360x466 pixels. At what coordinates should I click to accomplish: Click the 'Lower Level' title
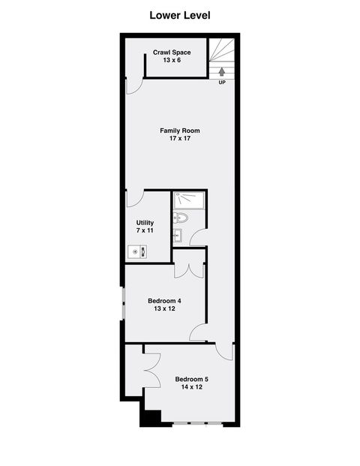click(179, 14)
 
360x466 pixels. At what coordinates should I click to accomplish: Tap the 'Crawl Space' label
click(172, 52)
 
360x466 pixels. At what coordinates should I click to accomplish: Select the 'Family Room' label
click(180, 131)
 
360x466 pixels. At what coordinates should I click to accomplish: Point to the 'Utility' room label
click(145, 223)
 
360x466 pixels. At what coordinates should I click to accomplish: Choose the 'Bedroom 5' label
click(191, 379)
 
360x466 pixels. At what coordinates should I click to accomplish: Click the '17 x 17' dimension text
click(180, 139)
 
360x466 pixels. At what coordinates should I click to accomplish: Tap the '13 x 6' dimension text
click(172, 60)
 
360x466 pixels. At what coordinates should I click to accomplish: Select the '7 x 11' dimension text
click(145, 231)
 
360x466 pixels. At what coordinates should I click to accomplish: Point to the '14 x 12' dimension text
click(191, 387)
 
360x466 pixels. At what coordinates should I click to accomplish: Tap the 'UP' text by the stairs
click(222, 83)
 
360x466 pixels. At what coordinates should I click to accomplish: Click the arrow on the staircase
click(222, 72)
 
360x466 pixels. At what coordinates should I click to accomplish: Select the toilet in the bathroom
click(180, 218)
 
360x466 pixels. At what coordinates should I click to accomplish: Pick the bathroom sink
click(177, 236)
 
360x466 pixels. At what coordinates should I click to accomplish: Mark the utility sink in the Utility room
click(136, 252)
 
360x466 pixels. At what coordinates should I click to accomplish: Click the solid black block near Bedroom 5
click(151, 418)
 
